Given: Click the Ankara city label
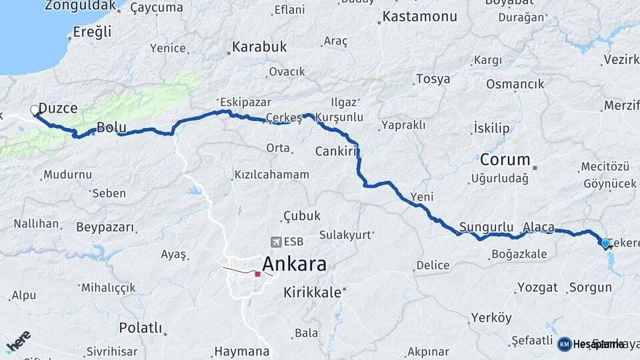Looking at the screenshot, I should click(x=294, y=264).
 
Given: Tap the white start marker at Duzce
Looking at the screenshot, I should click(x=35, y=110).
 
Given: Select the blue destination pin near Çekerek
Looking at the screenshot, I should click(x=605, y=243).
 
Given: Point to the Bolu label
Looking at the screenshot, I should click(x=111, y=127).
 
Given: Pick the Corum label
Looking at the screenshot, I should click(x=505, y=160).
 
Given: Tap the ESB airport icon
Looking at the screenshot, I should click(x=276, y=242).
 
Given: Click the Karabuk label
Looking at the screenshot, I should click(x=259, y=47).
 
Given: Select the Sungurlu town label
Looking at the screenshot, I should click(x=486, y=226).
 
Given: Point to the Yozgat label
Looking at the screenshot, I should click(x=537, y=287).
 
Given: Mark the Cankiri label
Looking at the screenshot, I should click(x=337, y=151).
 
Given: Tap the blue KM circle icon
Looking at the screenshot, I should click(x=564, y=344).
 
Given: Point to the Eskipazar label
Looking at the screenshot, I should click(x=237, y=103).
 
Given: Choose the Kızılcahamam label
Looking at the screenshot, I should click(x=271, y=175).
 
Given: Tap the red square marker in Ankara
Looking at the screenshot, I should click(x=257, y=273).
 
